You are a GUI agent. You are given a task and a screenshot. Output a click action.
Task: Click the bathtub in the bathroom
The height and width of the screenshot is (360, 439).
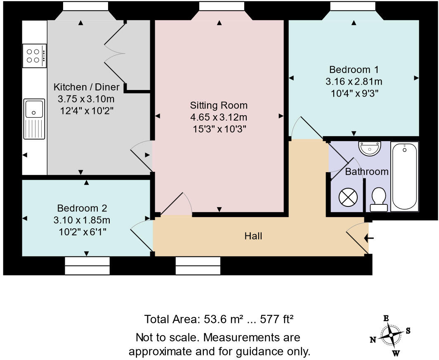click(404, 177)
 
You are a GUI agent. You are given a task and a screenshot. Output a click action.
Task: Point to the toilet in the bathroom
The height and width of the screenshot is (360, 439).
click(378, 199)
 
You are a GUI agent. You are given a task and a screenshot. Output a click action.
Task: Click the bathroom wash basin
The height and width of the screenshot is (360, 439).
click(370, 148)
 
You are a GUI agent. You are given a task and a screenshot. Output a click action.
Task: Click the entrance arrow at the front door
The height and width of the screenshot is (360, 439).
click(368, 238)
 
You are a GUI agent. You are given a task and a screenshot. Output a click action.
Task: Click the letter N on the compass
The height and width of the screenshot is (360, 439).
click(372, 340)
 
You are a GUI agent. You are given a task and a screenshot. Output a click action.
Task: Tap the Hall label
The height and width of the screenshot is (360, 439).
click(253, 236)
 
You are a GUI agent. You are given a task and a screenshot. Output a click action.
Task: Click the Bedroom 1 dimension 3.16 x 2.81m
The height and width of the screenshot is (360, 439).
click(354, 81)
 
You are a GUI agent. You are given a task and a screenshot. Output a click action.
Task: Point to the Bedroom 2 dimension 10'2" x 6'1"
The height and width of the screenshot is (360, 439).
click(83, 232)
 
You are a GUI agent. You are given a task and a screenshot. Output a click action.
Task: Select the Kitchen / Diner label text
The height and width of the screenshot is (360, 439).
click(87, 87)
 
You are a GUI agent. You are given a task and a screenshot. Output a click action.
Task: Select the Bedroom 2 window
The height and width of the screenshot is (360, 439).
click(87, 265)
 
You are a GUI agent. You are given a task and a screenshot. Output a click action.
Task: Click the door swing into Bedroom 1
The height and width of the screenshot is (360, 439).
click(307, 128)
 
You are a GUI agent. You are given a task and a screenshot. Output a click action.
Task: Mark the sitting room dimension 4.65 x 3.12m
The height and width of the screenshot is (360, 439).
click(219, 117)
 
